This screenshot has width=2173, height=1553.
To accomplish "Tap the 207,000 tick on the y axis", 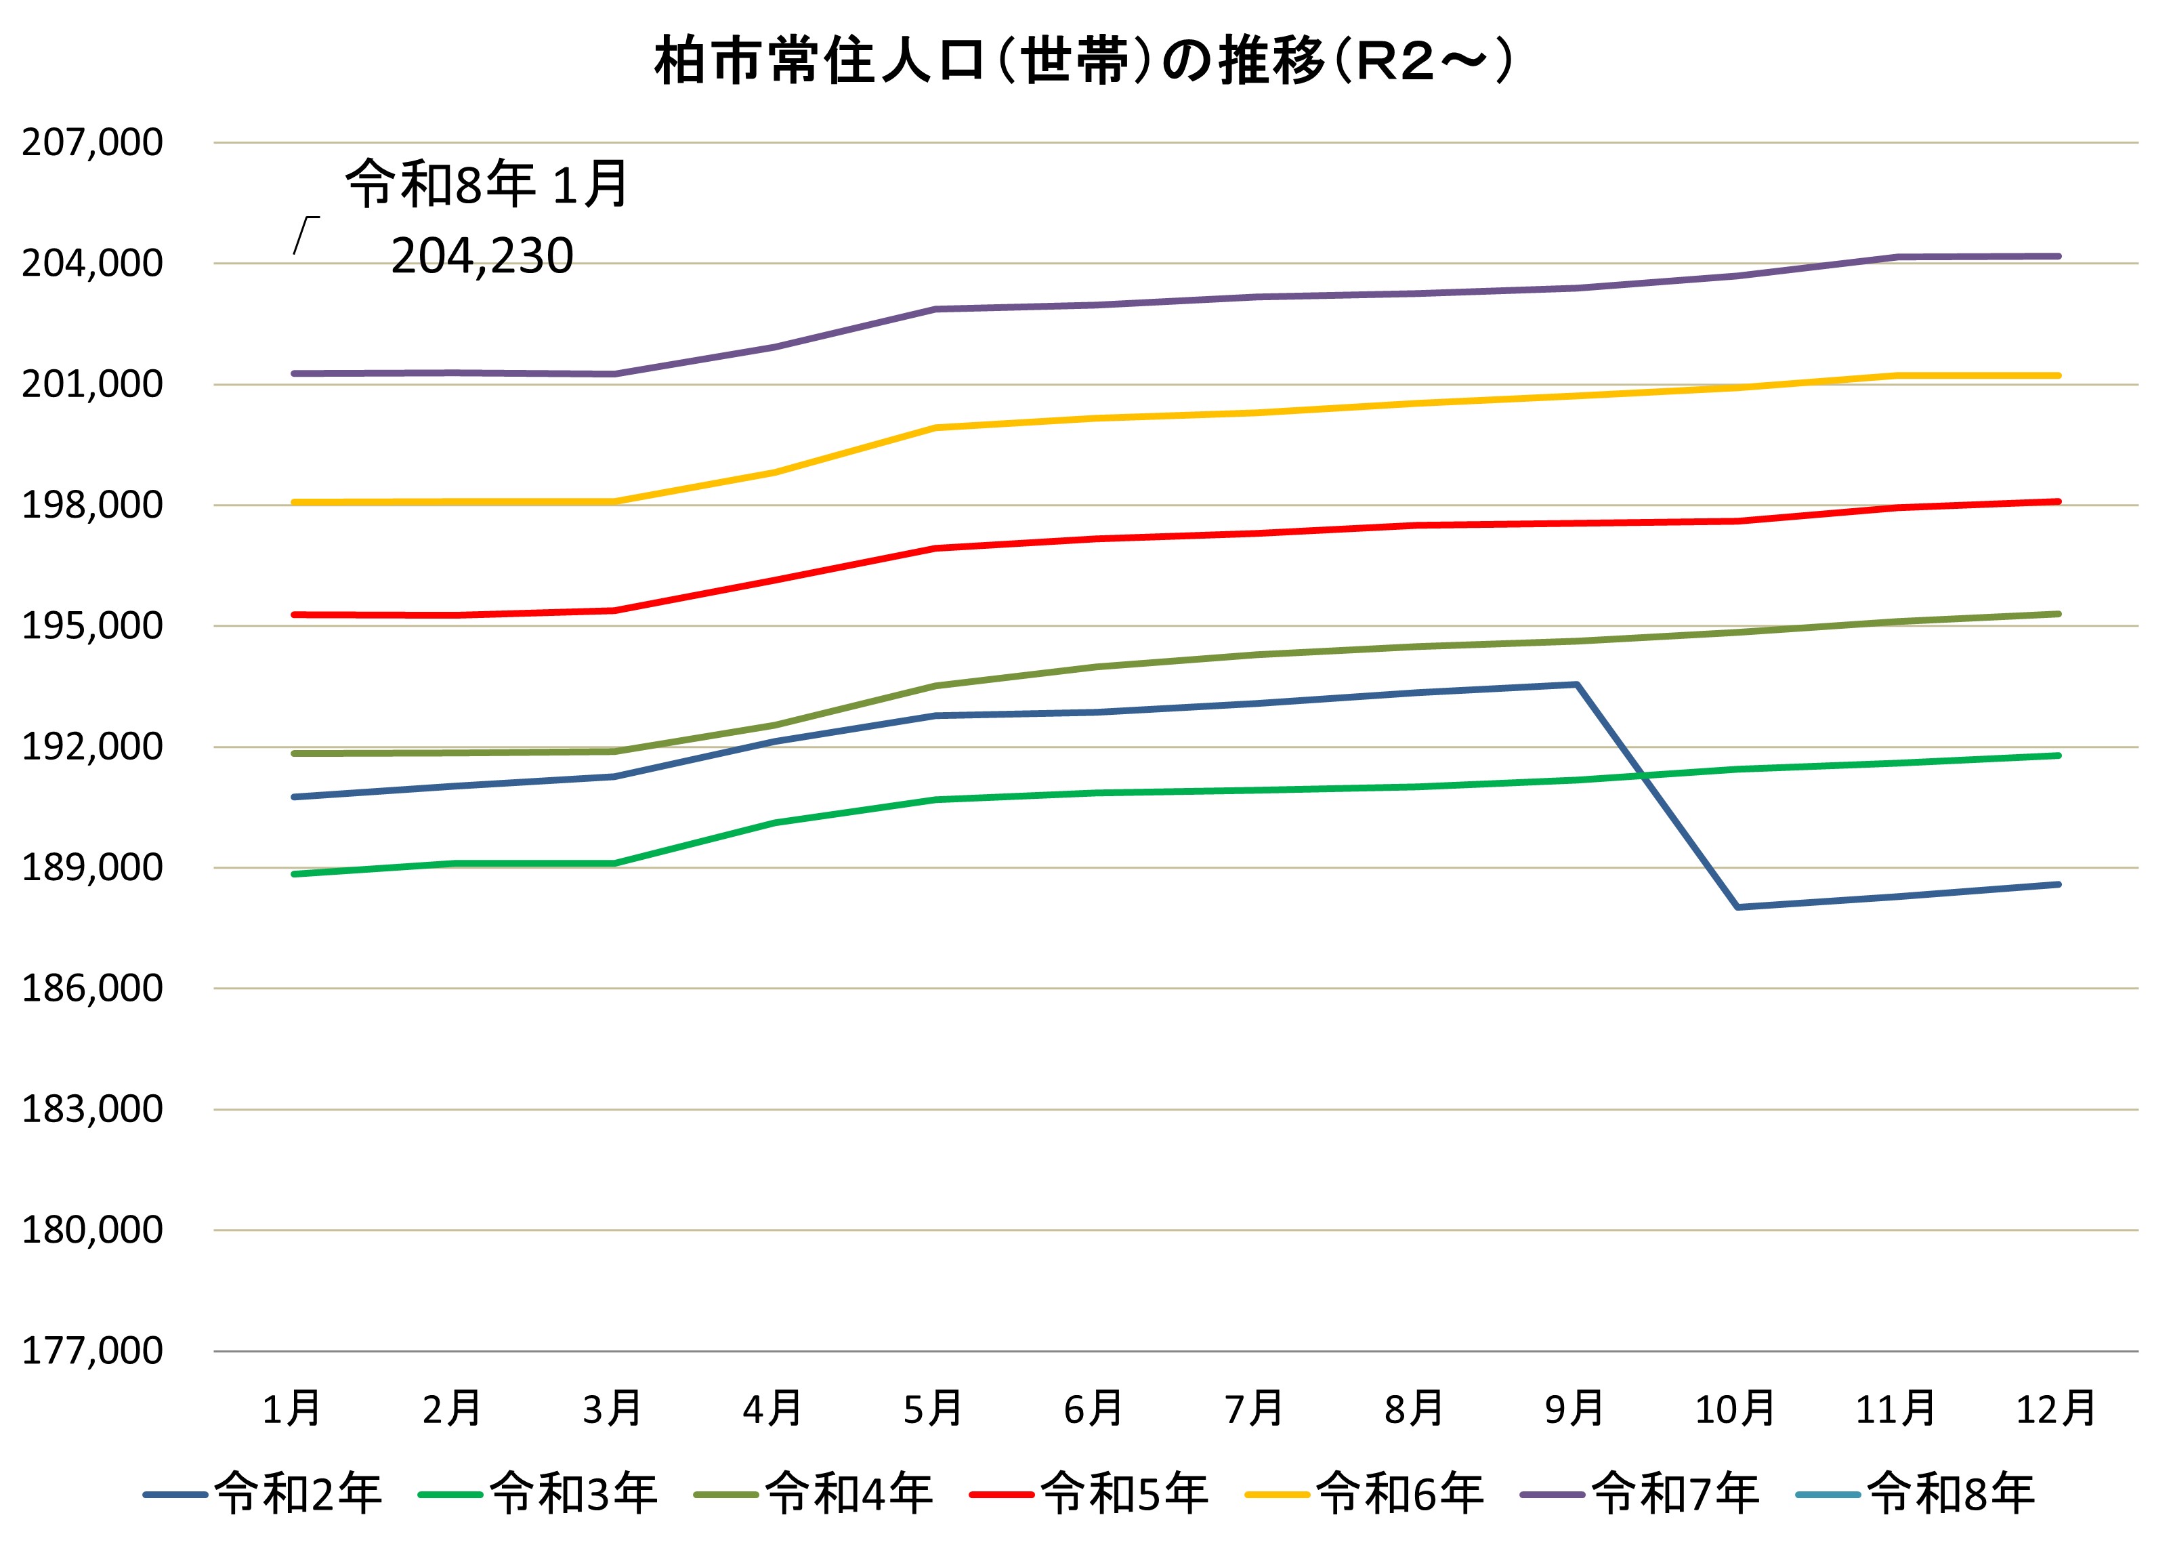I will pos(93,142).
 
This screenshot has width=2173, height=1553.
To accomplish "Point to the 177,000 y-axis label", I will pos(93,1350).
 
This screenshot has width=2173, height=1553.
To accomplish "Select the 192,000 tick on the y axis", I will pos(93,747).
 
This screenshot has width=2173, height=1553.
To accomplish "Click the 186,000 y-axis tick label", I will pos(93,988).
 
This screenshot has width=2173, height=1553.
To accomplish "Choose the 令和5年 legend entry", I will pos(1090,1493).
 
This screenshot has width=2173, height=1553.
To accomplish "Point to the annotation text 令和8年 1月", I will pos(486,184).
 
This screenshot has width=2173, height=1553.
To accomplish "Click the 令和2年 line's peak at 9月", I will pos(1576,685).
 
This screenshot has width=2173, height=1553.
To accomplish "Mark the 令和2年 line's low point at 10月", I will pos(1736,907).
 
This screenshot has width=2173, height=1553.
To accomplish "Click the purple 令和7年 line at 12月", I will pos(2057,256).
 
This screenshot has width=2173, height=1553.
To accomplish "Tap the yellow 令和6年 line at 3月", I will pos(614,501).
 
